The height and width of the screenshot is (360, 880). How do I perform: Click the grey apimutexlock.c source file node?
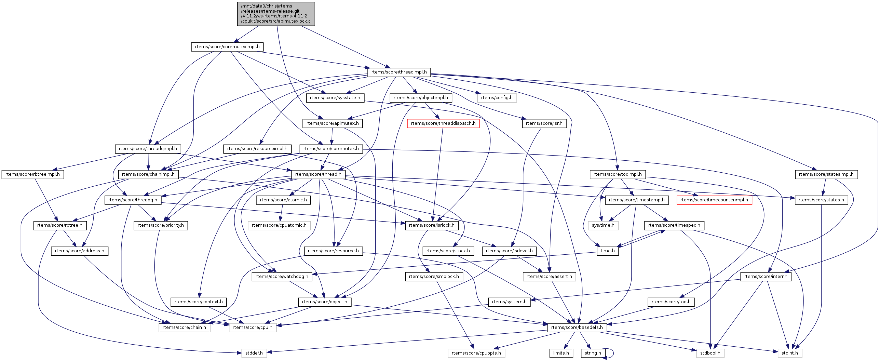tap(276, 14)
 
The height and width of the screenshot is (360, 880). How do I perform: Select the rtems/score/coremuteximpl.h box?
tap(227, 47)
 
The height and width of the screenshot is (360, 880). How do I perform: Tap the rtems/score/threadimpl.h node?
tap(399, 72)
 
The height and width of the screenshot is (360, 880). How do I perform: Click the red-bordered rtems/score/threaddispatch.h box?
tap(443, 123)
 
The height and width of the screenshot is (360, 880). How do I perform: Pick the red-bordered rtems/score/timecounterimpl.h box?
tap(714, 200)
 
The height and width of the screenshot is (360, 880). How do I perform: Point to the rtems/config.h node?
tap(497, 98)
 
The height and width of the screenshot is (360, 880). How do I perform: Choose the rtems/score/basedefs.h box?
tap(577, 328)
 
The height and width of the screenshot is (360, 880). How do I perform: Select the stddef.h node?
tap(254, 353)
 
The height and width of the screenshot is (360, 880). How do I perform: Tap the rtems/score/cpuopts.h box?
tap(476, 353)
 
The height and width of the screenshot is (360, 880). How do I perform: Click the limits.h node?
tap(561, 353)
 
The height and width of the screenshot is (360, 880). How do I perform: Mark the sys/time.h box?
tap(603, 225)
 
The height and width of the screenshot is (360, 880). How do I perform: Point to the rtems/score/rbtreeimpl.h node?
tap(32, 174)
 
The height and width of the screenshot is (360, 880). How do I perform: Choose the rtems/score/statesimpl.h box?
tap(826, 174)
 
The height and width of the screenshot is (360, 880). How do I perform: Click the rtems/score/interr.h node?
tap(766, 277)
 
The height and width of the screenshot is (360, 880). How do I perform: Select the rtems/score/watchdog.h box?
tap(282, 277)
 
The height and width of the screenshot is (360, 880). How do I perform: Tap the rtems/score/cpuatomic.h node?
tap(279, 225)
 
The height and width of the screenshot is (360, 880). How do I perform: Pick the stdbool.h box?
tap(710, 353)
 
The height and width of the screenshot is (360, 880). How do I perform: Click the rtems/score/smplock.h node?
tap(434, 277)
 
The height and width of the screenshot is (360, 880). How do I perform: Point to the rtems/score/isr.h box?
tap(544, 123)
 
